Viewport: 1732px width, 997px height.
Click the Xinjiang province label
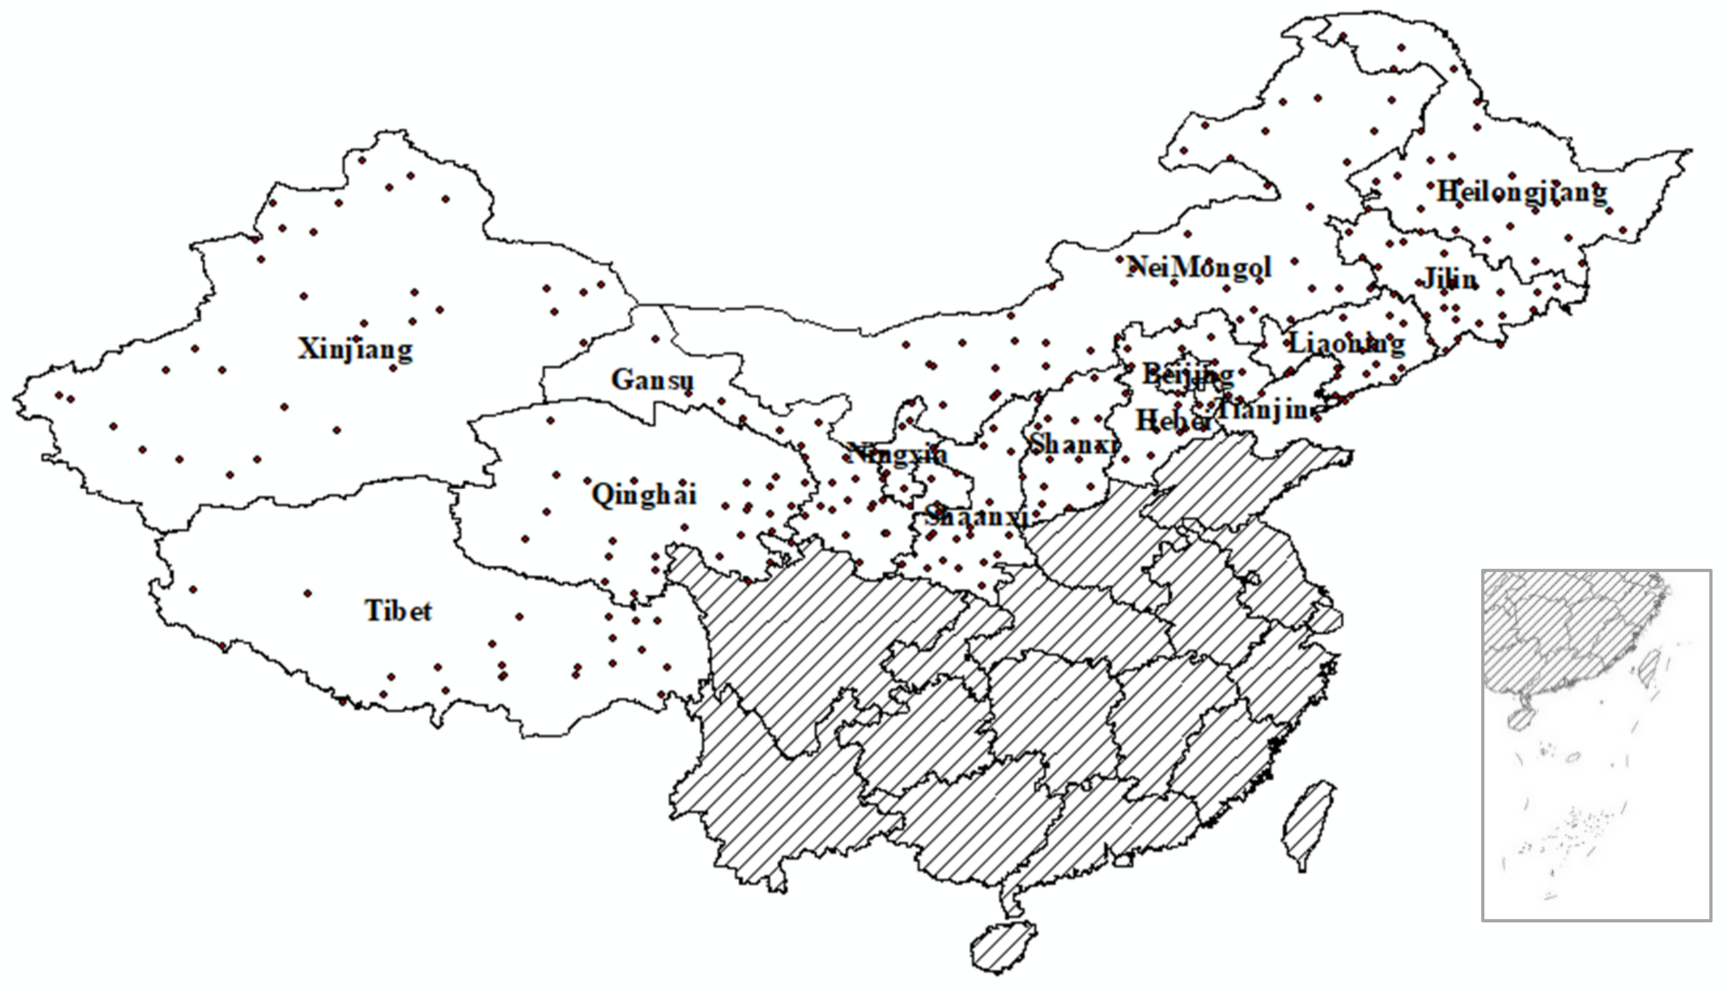[355, 349]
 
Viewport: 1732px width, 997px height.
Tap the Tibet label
[398, 611]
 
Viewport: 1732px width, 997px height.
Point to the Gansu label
[652, 380]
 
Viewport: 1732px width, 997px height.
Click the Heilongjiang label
[1521, 192]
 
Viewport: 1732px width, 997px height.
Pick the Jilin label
[1449, 280]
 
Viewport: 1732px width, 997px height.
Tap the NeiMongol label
[1198, 267]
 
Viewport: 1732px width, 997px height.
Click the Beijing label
[1188, 375]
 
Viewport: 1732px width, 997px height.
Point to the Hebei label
[1172, 421]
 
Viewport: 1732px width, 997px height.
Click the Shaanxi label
[976, 516]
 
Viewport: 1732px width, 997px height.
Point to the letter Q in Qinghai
[602, 494]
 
